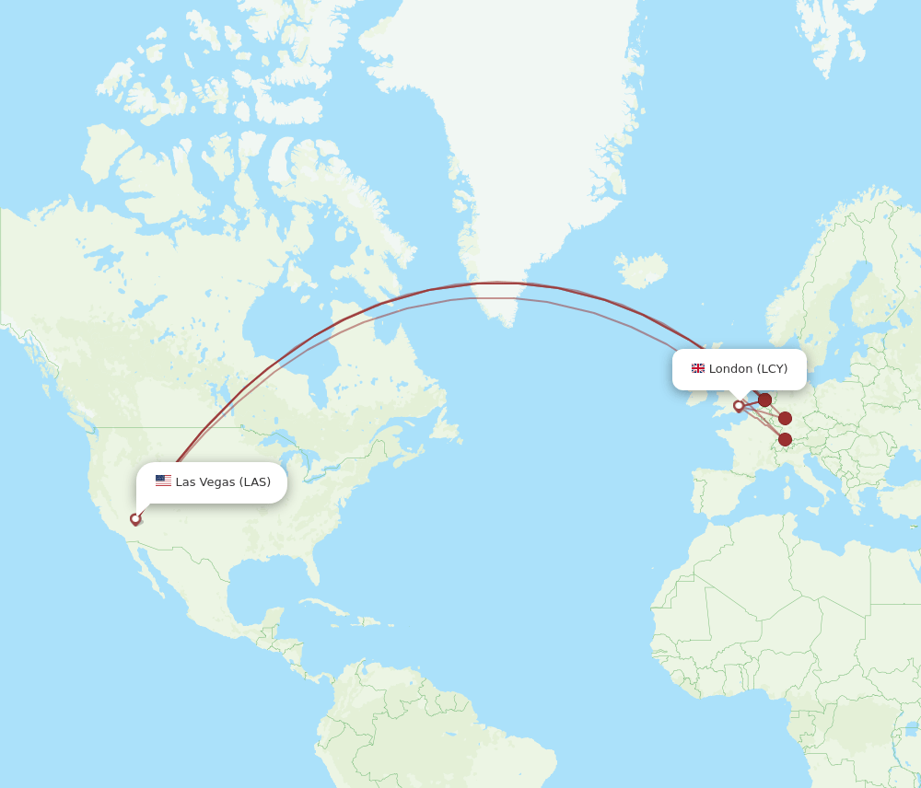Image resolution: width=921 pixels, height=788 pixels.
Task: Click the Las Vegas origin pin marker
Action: (135, 519)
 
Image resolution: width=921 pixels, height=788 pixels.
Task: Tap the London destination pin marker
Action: (739, 406)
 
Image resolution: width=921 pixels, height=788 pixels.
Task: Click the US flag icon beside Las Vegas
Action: (163, 481)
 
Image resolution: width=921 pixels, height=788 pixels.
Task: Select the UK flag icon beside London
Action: (698, 368)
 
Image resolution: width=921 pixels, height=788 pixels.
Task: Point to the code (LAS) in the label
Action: (255, 481)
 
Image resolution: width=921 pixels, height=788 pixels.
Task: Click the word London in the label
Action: (730, 368)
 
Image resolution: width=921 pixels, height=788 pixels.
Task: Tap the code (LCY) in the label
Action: (772, 368)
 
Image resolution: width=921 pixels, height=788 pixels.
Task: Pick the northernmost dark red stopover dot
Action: (764, 400)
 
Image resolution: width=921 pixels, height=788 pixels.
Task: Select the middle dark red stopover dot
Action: (785, 418)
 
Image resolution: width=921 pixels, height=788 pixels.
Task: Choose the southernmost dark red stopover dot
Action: (785, 439)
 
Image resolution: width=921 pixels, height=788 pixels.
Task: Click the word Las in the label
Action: (184, 481)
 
